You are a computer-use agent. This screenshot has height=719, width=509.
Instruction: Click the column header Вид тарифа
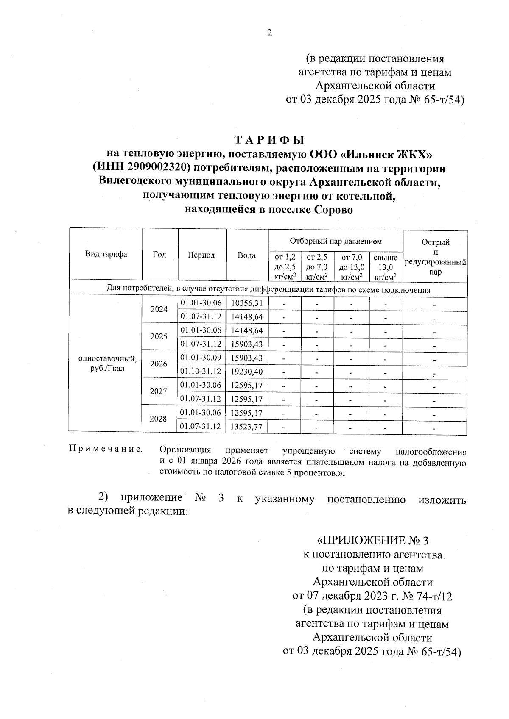106,255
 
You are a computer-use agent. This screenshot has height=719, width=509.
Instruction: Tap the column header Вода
246,255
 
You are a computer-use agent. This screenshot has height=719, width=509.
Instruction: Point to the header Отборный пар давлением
336,242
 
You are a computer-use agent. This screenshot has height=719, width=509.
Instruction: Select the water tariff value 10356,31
247,303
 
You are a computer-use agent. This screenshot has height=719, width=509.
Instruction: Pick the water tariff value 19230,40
247,372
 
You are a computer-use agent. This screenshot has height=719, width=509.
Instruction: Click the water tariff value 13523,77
247,427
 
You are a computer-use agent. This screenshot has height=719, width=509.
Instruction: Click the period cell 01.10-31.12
201,372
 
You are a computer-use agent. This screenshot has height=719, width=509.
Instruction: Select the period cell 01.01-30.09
201,358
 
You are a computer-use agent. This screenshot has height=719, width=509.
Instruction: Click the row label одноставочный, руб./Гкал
107,364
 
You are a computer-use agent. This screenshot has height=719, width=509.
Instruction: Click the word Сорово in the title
333,210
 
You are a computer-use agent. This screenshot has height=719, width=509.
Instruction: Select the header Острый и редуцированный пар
435,257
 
